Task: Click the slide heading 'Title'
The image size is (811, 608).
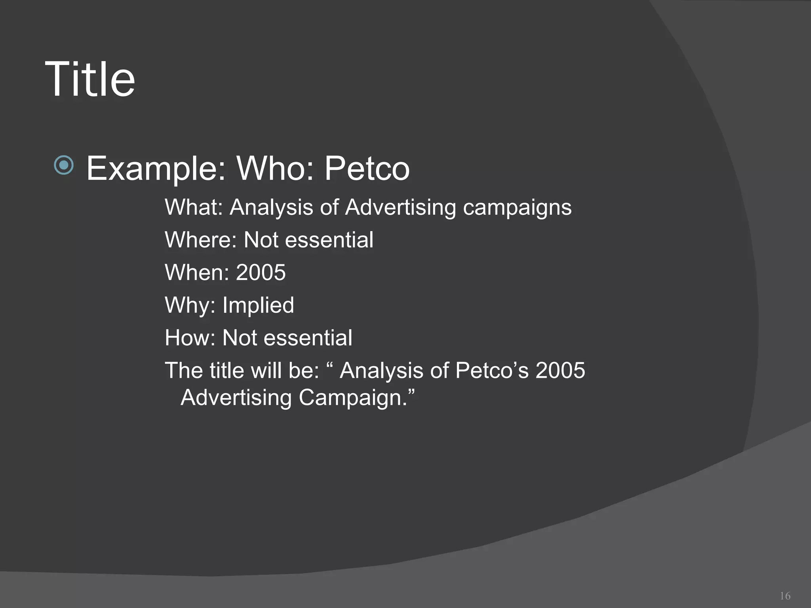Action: [90, 79]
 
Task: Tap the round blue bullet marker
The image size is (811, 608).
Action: [64, 165]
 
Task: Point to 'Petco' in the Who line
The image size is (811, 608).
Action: [367, 169]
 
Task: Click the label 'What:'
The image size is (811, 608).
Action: [194, 207]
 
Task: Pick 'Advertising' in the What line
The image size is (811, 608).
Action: [400, 208]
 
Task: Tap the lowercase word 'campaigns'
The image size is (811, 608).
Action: [517, 208]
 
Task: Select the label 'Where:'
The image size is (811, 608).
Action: [200, 240]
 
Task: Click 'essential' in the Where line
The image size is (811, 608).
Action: [329, 240]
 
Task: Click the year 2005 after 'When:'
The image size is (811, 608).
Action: [261, 272]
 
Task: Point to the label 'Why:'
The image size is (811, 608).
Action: [190, 306]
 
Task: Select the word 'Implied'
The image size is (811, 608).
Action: [258, 305]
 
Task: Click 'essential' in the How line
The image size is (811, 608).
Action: [308, 338]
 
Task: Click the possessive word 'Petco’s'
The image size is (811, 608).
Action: [492, 370]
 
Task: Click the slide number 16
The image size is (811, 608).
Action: [785, 596]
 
